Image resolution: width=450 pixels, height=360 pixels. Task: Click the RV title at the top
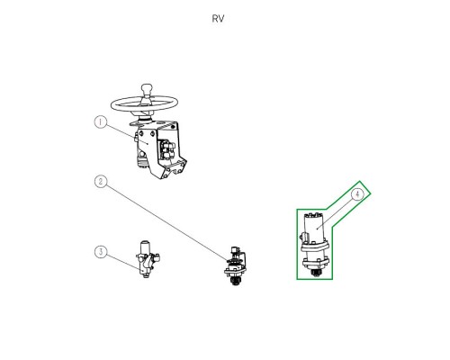click(218, 19)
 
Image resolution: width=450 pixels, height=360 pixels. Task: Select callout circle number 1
click(101, 122)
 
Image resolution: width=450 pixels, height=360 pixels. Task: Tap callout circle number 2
click(101, 182)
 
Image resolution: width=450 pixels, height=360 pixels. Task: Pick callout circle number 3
click(101, 252)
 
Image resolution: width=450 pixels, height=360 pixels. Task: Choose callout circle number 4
click(357, 194)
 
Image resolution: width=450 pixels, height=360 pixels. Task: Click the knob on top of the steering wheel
click(147, 89)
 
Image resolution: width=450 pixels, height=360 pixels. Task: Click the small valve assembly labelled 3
click(148, 259)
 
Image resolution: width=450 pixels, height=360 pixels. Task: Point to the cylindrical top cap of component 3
click(145, 246)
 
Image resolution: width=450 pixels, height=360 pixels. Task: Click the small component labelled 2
click(236, 266)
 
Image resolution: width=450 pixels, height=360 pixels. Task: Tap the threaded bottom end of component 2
click(235, 282)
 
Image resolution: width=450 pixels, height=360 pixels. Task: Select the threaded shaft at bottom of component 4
click(315, 273)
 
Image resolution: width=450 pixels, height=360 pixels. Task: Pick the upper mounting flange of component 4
click(316, 247)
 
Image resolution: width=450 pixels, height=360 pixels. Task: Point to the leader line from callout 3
click(123, 263)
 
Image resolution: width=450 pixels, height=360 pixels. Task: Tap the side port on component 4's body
click(303, 237)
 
